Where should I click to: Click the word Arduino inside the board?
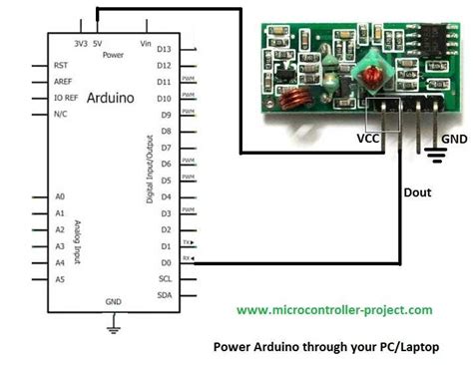(112, 99)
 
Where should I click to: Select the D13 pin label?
(165, 48)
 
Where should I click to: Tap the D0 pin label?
(164, 262)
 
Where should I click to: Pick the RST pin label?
(61, 65)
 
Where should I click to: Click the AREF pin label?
(63, 82)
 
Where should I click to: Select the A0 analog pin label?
(60, 197)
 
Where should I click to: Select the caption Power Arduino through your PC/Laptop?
(330, 348)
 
